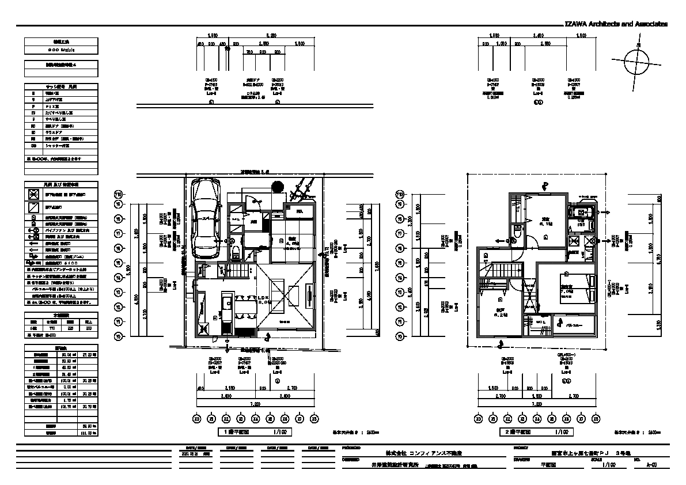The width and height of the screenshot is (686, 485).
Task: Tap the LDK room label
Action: coord(264,298)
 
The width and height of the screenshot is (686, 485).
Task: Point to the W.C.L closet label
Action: coord(541,321)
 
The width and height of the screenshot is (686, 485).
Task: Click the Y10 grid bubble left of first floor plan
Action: coord(119,194)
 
